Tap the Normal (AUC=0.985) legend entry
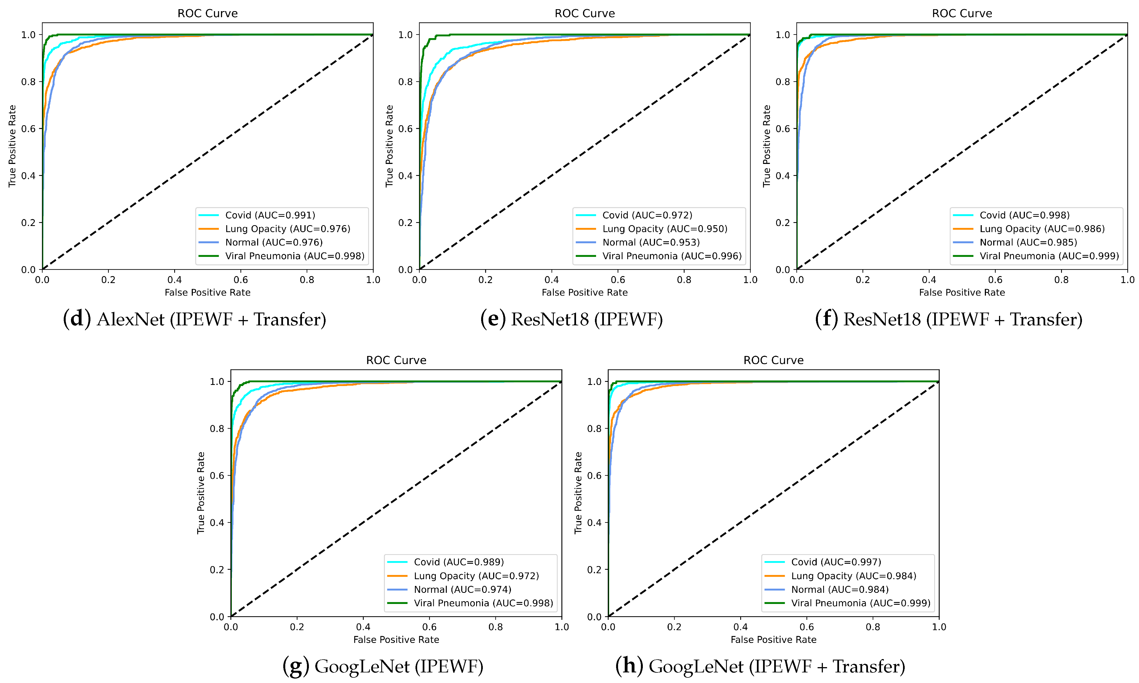(x=1028, y=242)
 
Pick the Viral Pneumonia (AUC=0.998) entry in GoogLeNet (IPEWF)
(x=483, y=603)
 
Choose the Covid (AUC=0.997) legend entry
(x=836, y=562)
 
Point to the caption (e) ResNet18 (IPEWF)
(x=572, y=319)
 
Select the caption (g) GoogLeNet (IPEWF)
(x=383, y=666)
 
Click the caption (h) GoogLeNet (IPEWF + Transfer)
(x=760, y=666)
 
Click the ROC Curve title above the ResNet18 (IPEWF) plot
(x=584, y=13)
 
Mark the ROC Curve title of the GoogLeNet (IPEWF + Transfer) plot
(x=773, y=360)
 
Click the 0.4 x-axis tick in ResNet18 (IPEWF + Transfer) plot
(x=929, y=280)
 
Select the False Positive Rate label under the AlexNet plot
(x=208, y=293)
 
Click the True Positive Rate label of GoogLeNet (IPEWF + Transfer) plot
(x=578, y=493)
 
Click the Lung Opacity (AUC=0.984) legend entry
(x=853, y=576)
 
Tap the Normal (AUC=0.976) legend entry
(x=273, y=242)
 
